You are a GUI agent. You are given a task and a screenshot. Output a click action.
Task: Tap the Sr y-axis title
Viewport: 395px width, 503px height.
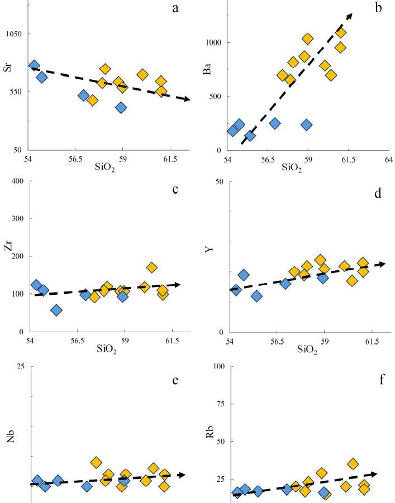click(x=8, y=90)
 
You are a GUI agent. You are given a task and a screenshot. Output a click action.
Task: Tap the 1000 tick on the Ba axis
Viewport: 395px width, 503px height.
click(x=212, y=42)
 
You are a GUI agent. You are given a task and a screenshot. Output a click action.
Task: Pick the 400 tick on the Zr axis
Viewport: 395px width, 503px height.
click(x=15, y=181)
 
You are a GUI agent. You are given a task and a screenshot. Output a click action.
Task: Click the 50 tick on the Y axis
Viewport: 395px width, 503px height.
click(x=219, y=181)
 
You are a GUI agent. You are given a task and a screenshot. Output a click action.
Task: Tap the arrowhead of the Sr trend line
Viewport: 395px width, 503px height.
click(x=187, y=99)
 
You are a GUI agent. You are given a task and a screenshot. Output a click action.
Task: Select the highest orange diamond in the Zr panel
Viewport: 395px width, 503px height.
click(x=152, y=267)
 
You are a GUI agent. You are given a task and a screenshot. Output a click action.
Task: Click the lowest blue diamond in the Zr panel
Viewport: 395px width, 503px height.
click(x=56, y=310)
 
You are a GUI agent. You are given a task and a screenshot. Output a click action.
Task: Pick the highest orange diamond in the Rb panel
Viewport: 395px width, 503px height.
click(x=353, y=464)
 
